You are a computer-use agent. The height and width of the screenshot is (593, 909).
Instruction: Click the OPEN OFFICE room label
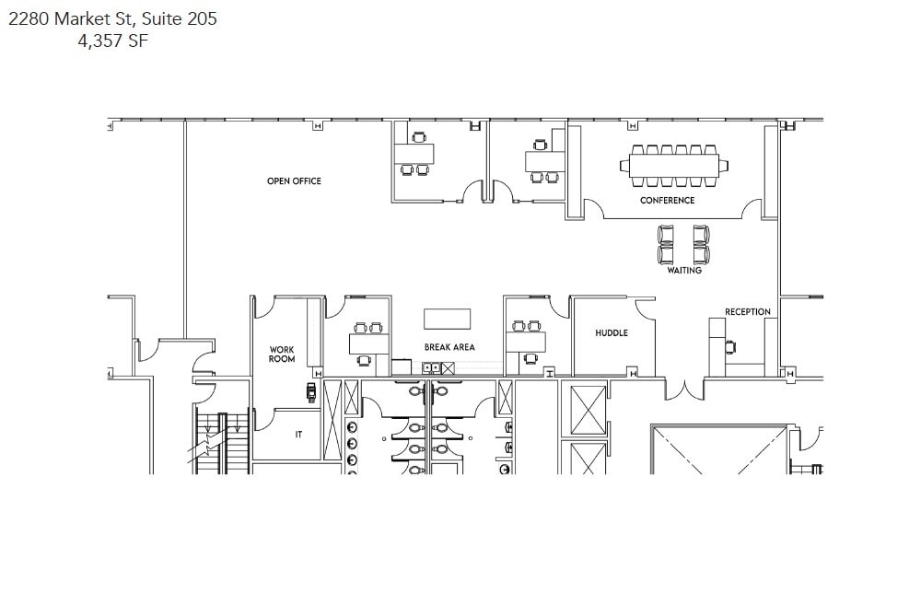pos(294,181)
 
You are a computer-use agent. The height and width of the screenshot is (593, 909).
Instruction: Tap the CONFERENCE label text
pos(667,200)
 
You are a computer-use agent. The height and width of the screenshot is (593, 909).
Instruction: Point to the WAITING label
pos(684,271)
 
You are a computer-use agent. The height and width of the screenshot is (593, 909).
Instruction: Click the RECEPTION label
pos(747,312)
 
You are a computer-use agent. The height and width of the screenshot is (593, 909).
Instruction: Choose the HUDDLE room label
pos(611,332)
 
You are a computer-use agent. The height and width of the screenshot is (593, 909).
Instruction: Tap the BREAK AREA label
pos(449,347)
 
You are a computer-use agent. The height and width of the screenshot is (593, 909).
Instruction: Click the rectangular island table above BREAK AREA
pos(447,319)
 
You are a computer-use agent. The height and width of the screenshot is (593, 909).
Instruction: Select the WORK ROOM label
pos(282,355)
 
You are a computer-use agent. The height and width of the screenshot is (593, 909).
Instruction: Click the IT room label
pos(298,435)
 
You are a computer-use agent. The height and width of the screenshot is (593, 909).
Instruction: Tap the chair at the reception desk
pos(731,347)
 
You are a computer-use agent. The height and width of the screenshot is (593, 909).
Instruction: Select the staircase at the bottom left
pos(222,442)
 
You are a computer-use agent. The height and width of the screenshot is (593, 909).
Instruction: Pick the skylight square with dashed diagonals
pos(718,451)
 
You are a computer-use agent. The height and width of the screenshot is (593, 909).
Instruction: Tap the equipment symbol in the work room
pos(311,392)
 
